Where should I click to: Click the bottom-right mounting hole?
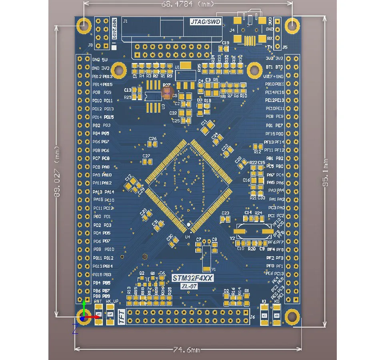tap(292, 317)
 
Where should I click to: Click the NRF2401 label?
tap(114, 30)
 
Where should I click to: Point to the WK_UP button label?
tap(112, 301)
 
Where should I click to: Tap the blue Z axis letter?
tap(75, 329)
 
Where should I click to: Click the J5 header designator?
tap(285, 47)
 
